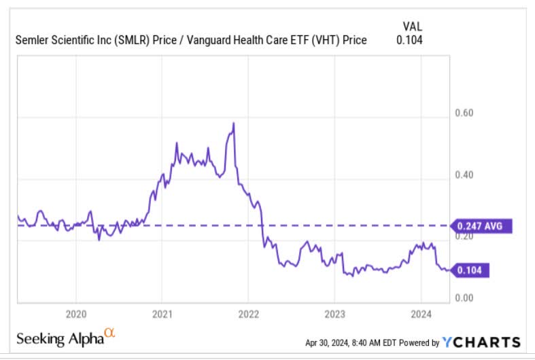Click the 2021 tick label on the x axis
pos(161,314)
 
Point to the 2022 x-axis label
pos(247,314)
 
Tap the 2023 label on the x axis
pos(334,314)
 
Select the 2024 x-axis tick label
pos(420,314)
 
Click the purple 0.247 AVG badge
pos(480,226)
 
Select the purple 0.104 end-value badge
pos(471,270)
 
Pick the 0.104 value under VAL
pos(410,40)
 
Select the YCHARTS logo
pos(481,342)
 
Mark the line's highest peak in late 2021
pos(234,124)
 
